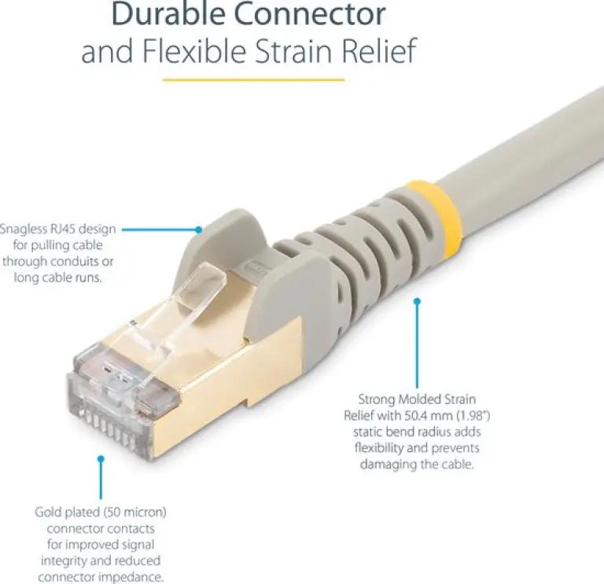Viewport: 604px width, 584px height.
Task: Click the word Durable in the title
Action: [x=168, y=13]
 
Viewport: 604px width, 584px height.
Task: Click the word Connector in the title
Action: [x=310, y=13]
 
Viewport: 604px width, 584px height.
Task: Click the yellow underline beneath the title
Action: [x=253, y=80]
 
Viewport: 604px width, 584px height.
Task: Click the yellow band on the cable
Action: [x=440, y=219]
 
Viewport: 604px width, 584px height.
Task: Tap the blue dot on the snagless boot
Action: [x=198, y=230]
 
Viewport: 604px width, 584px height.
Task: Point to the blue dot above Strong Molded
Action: [x=417, y=301]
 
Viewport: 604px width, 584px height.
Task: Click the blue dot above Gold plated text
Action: [x=101, y=459]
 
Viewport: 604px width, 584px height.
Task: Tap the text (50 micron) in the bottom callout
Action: [x=134, y=512]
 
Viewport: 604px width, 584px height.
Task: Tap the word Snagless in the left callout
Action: [x=24, y=229]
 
